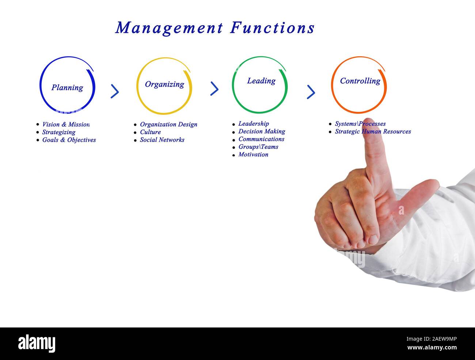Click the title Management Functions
pyautogui.click(x=215, y=28)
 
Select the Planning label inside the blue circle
pyautogui.click(x=67, y=88)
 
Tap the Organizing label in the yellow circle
pyautogui.click(x=164, y=84)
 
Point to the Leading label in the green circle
pyautogui.click(x=261, y=81)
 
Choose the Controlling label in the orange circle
pyautogui.click(x=360, y=81)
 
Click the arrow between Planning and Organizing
pyautogui.click(x=115, y=91)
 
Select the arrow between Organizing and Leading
pyautogui.click(x=214, y=88)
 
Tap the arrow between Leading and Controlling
pyautogui.click(x=311, y=92)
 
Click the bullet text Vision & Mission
pyautogui.click(x=66, y=125)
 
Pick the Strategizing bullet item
pyautogui.click(x=58, y=132)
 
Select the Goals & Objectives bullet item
pyautogui.click(x=69, y=140)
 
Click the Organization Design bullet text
pyautogui.click(x=168, y=125)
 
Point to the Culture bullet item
pyautogui.click(x=150, y=132)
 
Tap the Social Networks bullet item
pyautogui.click(x=162, y=140)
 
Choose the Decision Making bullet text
pyautogui.click(x=262, y=132)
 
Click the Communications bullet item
pyautogui.click(x=261, y=139)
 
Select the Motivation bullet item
pyautogui.click(x=253, y=155)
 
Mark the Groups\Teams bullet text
pyautogui.click(x=258, y=147)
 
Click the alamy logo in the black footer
pyautogui.click(x=37, y=344)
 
